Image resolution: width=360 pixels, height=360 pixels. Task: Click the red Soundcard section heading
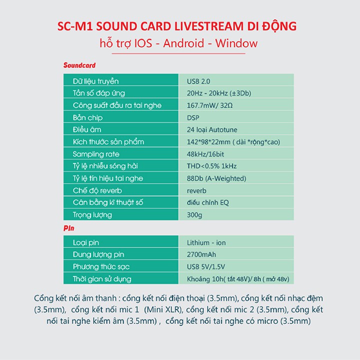tap(79, 65)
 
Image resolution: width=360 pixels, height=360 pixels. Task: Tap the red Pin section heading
tap(69, 228)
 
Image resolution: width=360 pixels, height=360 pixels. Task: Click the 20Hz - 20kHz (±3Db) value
tap(219, 93)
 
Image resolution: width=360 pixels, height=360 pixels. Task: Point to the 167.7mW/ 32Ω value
tap(209, 105)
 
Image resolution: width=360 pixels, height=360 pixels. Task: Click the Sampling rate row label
tap(96, 154)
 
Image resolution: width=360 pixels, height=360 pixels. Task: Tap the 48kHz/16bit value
tap(205, 154)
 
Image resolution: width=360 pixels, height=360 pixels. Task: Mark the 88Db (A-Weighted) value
tap(216, 178)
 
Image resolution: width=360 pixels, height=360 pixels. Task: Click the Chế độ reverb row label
tap(97, 190)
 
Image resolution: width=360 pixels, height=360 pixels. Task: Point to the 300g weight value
tap(194, 215)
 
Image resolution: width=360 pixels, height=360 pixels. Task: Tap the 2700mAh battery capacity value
tap(201, 254)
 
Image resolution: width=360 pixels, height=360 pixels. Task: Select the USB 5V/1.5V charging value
tap(206, 266)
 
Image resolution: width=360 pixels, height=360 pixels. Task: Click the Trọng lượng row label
tap(92, 215)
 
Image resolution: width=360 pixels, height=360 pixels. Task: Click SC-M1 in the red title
tap(75, 26)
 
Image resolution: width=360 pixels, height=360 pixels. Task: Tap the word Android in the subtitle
tap(183, 43)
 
